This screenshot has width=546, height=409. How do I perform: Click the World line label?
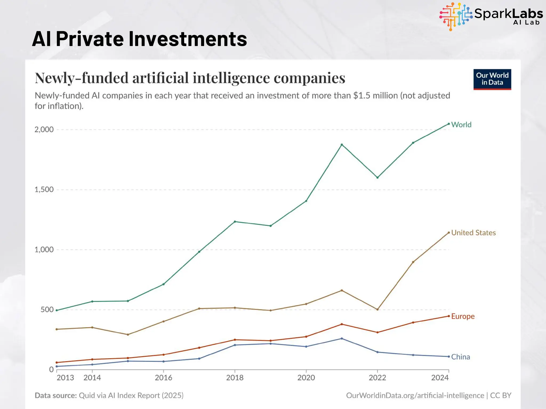[x=461, y=125]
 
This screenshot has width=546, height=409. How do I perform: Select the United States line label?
[x=473, y=233]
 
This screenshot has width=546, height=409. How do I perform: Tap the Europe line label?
[x=463, y=316]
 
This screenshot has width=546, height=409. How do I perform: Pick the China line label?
[x=460, y=357]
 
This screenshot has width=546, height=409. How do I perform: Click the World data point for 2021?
[x=342, y=145]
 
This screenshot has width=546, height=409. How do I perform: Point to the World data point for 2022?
[x=377, y=178]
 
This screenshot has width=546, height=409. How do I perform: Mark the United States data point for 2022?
[x=377, y=309]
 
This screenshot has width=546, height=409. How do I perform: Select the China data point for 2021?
[x=342, y=338]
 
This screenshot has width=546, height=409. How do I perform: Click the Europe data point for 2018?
[x=235, y=340]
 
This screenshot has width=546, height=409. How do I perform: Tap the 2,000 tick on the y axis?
[x=44, y=129]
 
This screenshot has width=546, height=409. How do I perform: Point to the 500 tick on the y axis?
[x=47, y=310]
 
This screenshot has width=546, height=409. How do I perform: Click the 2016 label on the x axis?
[x=163, y=378]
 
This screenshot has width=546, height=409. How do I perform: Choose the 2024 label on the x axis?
[x=440, y=378]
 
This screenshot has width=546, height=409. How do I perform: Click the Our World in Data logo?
[x=492, y=79]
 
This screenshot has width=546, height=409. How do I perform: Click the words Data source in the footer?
[x=55, y=395]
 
